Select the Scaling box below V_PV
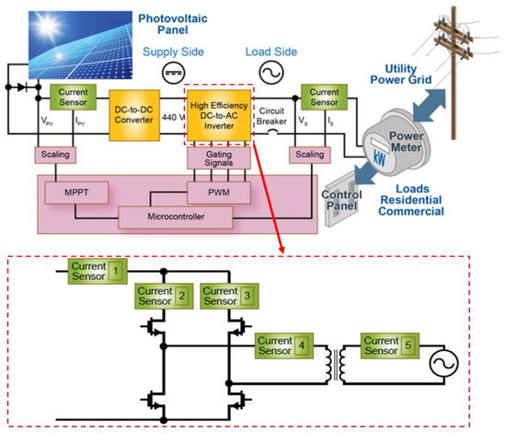tap(51, 155)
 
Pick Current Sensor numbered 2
tap(163, 296)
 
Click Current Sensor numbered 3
tap(227, 296)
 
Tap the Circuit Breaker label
tap(272, 111)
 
